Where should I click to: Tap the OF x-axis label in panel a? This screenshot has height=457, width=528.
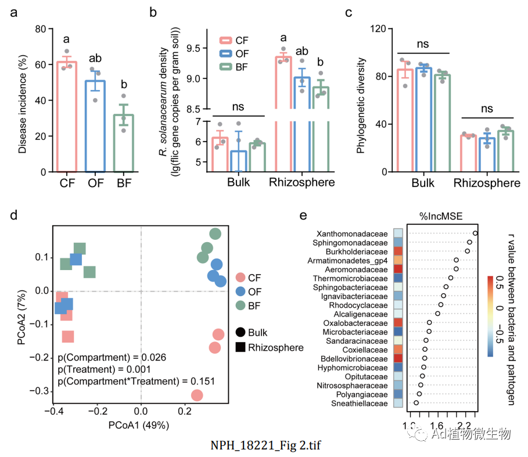click(95, 183)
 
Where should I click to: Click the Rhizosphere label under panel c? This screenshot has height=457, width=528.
click(487, 183)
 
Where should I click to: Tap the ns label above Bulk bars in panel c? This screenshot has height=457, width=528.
click(423, 43)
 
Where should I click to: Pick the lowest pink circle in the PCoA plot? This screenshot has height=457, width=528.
click(197, 395)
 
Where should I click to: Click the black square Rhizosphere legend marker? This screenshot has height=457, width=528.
click(240, 347)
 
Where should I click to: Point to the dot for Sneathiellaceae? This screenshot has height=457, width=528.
click(416, 402)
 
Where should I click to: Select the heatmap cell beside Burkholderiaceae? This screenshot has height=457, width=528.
click(398, 251)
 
